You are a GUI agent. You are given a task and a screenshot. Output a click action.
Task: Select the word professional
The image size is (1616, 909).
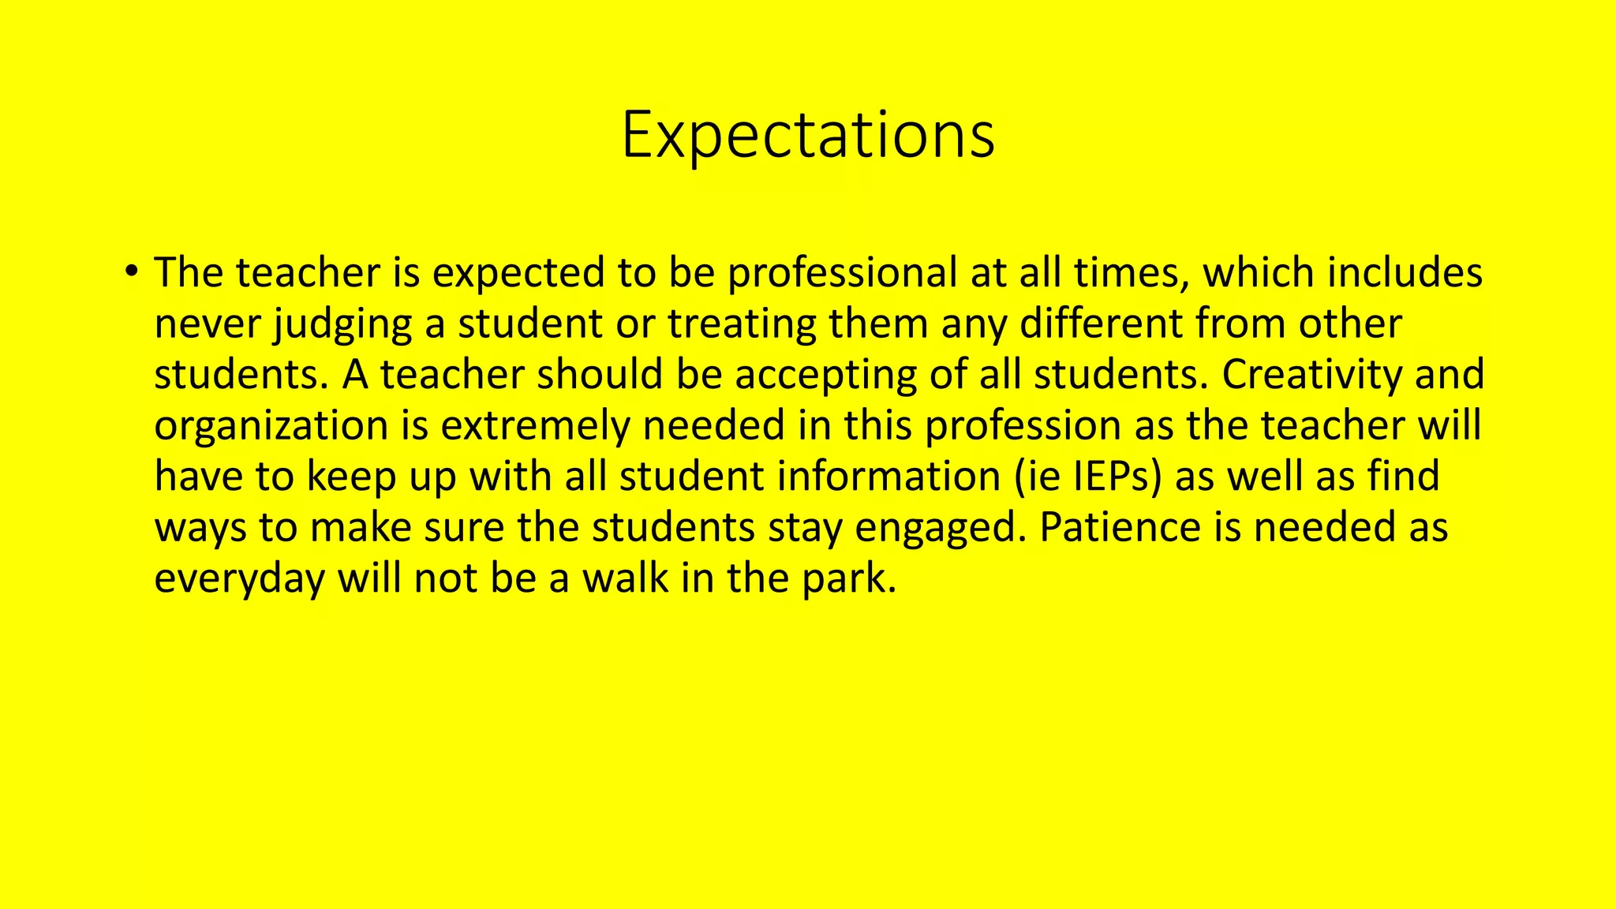(842, 273)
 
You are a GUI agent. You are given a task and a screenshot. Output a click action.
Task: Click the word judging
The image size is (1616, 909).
(342, 324)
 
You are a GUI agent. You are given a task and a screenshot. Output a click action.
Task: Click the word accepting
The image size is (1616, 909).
(825, 375)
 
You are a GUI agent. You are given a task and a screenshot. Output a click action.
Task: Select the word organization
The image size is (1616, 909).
(271, 426)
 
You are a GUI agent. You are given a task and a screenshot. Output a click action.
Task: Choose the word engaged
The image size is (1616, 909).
(936, 528)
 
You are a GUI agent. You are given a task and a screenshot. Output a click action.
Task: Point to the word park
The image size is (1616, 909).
(849, 579)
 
